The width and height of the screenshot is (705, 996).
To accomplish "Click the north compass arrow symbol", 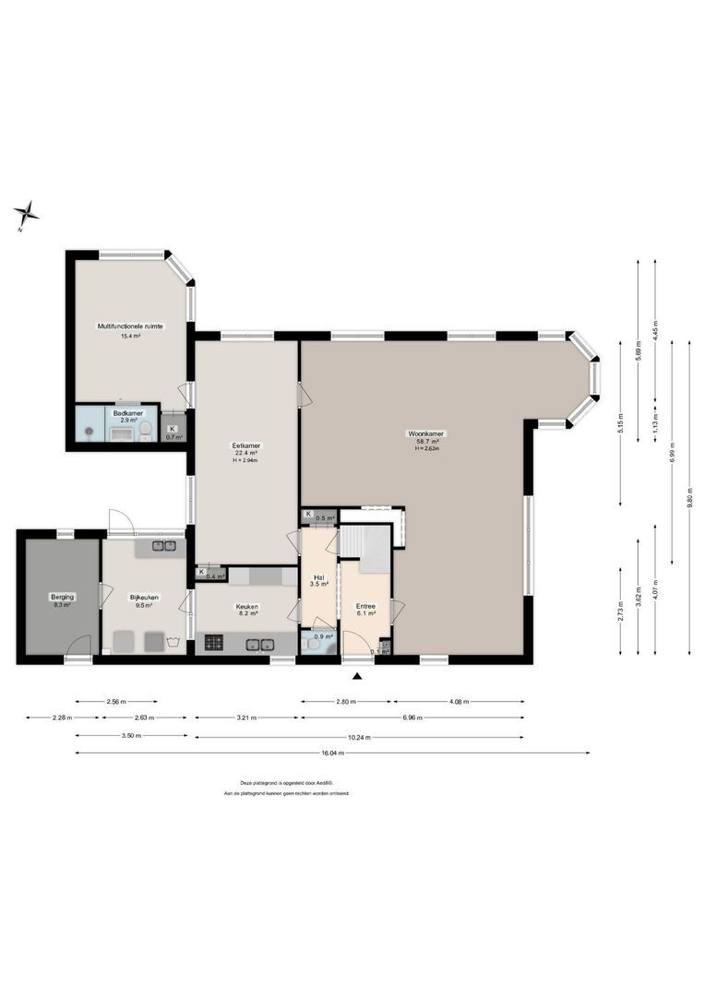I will [26, 215].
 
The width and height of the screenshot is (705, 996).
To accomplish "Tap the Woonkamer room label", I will [426, 433].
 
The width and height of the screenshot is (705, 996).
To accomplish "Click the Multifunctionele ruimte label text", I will [131, 326].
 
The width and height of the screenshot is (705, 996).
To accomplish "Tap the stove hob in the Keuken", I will [213, 643].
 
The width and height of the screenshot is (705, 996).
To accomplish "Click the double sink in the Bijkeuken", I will [163, 547].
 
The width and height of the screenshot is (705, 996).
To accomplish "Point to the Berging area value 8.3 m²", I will [63, 606].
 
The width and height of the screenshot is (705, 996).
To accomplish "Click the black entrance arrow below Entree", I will [358, 678].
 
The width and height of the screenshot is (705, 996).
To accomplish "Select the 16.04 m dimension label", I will [332, 753].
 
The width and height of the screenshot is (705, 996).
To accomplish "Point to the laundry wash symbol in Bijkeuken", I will [173, 639].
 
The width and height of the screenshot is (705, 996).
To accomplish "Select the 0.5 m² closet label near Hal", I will [324, 518].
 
